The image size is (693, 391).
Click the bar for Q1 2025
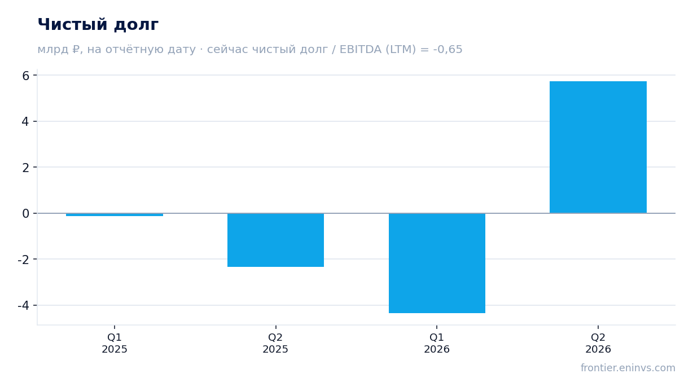pyautogui.click(x=115, y=214)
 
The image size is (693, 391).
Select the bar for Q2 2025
pyautogui.click(x=275, y=240)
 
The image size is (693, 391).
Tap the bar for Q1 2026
pyautogui.click(x=437, y=263)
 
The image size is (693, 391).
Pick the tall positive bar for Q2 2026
pyautogui.click(x=598, y=147)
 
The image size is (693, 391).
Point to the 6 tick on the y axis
pyautogui.click(x=26, y=76)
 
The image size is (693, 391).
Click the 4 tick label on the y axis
pyautogui.click(x=25, y=121)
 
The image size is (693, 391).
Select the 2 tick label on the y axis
pyautogui.click(x=26, y=168)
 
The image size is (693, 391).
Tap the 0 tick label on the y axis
pyautogui.click(x=26, y=213)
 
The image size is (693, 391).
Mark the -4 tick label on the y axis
pyautogui.click(x=24, y=306)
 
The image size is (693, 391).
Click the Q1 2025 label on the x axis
pyautogui.click(x=115, y=344)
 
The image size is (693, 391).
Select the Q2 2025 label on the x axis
pyautogui.click(x=275, y=344)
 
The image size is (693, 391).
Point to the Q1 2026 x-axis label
pyautogui.click(x=437, y=344)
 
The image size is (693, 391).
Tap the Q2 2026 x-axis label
pyautogui.click(x=598, y=344)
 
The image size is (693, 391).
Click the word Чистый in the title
pyautogui.click(x=73, y=24)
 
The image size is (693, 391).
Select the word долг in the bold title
pyautogui.click(x=136, y=25)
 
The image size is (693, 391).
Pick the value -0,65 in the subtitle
pyautogui.click(x=448, y=50)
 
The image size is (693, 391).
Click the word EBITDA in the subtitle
pyautogui.click(x=361, y=50)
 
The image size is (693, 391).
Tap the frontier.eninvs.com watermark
pyautogui.click(x=628, y=368)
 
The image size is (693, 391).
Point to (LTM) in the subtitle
pyautogui.click(x=401, y=50)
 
